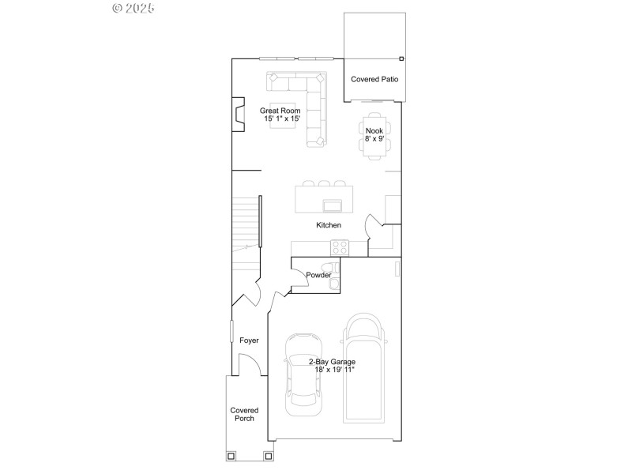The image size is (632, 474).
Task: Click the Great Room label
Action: [280, 111]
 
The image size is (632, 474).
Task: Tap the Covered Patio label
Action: [374, 80]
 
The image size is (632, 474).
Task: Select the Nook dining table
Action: [374, 135]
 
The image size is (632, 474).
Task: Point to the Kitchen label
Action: [329, 225]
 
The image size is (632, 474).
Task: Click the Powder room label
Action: [318, 275]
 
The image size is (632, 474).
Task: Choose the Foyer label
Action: [249, 340]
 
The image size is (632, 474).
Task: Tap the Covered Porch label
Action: [244, 414]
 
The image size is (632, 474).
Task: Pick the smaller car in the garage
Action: [304, 372]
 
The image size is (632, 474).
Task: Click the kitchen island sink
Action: [333, 206]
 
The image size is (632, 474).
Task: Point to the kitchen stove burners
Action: [340, 247]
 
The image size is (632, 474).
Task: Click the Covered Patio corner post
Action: [401, 58]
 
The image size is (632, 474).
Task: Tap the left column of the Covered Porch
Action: [231, 455]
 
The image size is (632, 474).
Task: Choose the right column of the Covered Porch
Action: [269, 455]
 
